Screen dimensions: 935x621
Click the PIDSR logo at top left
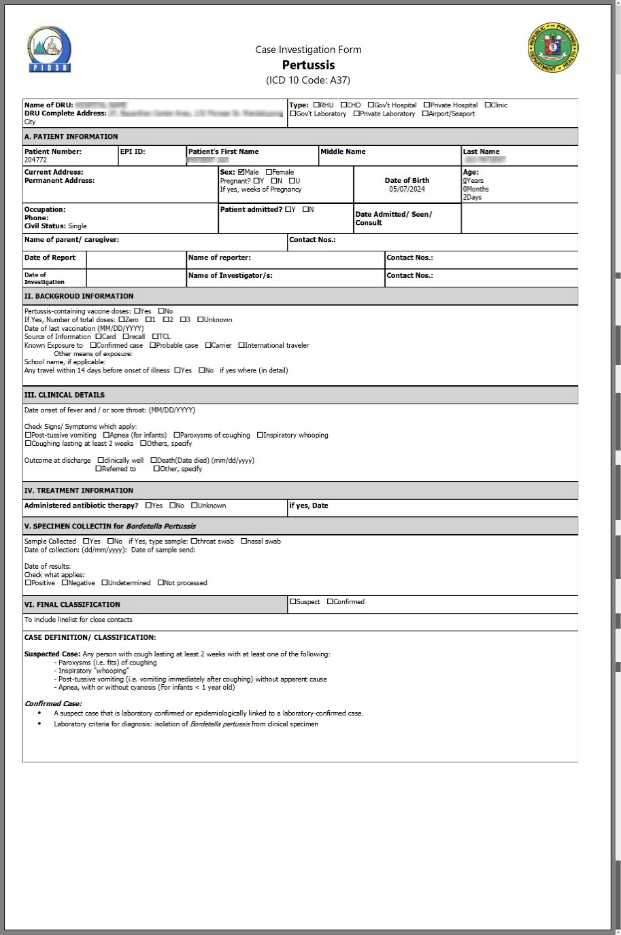(x=50, y=50)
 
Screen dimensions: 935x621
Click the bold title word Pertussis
(x=308, y=65)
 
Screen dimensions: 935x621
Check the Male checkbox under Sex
(x=241, y=173)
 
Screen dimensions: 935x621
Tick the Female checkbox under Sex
(x=269, y=173)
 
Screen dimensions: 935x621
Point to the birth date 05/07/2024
(x=407, y=190)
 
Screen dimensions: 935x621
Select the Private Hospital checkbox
(x=427, y=105)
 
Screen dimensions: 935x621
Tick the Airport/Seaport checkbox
(x=425, y=114)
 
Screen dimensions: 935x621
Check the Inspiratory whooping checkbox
(x=260, y=436)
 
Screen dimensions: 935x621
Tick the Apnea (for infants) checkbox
(x=107, y=436)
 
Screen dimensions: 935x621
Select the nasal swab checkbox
(x=244, y=542)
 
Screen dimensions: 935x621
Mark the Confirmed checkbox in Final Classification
(x=331, y=601)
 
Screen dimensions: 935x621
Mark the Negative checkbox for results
(x=65, y=583)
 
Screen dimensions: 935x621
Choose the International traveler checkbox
(x=241, y=346)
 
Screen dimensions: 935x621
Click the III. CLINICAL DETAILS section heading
(x=65, y=395)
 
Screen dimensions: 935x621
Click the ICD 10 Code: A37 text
(x=308, y=80)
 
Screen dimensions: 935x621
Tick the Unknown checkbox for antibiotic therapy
(x=195, y=506)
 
